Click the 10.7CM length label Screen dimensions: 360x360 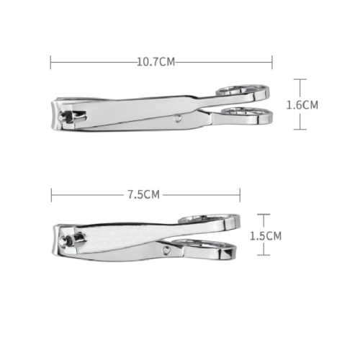tap(156, 62)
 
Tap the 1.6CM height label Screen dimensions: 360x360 tap(302, 105)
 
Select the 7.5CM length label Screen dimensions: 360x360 tap(143, 194)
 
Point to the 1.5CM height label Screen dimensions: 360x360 tap(266, 236)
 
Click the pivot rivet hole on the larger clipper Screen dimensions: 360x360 tap(178, 119)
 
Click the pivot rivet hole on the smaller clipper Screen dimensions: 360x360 tap(166, 250)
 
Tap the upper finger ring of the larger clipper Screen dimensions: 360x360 tap(243, 89)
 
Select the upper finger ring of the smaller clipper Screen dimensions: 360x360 tap(209, 218)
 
